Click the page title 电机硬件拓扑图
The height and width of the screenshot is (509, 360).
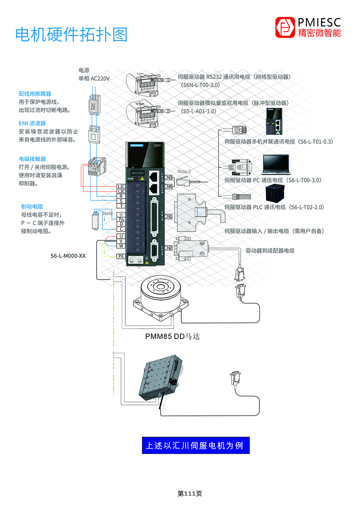[72, 35]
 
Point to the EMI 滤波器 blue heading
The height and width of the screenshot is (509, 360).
[32, 124]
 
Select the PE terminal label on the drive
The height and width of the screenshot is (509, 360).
[121, 256]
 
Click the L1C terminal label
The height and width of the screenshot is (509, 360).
[121, 186]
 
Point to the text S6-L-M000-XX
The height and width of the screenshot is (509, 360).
[68, 256]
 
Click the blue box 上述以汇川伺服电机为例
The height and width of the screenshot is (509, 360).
[196, 446]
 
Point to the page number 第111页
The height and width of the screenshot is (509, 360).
[190, 493]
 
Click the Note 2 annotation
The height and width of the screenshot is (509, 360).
[184, 172]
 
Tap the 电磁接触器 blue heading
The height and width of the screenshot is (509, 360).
[32, 159]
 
